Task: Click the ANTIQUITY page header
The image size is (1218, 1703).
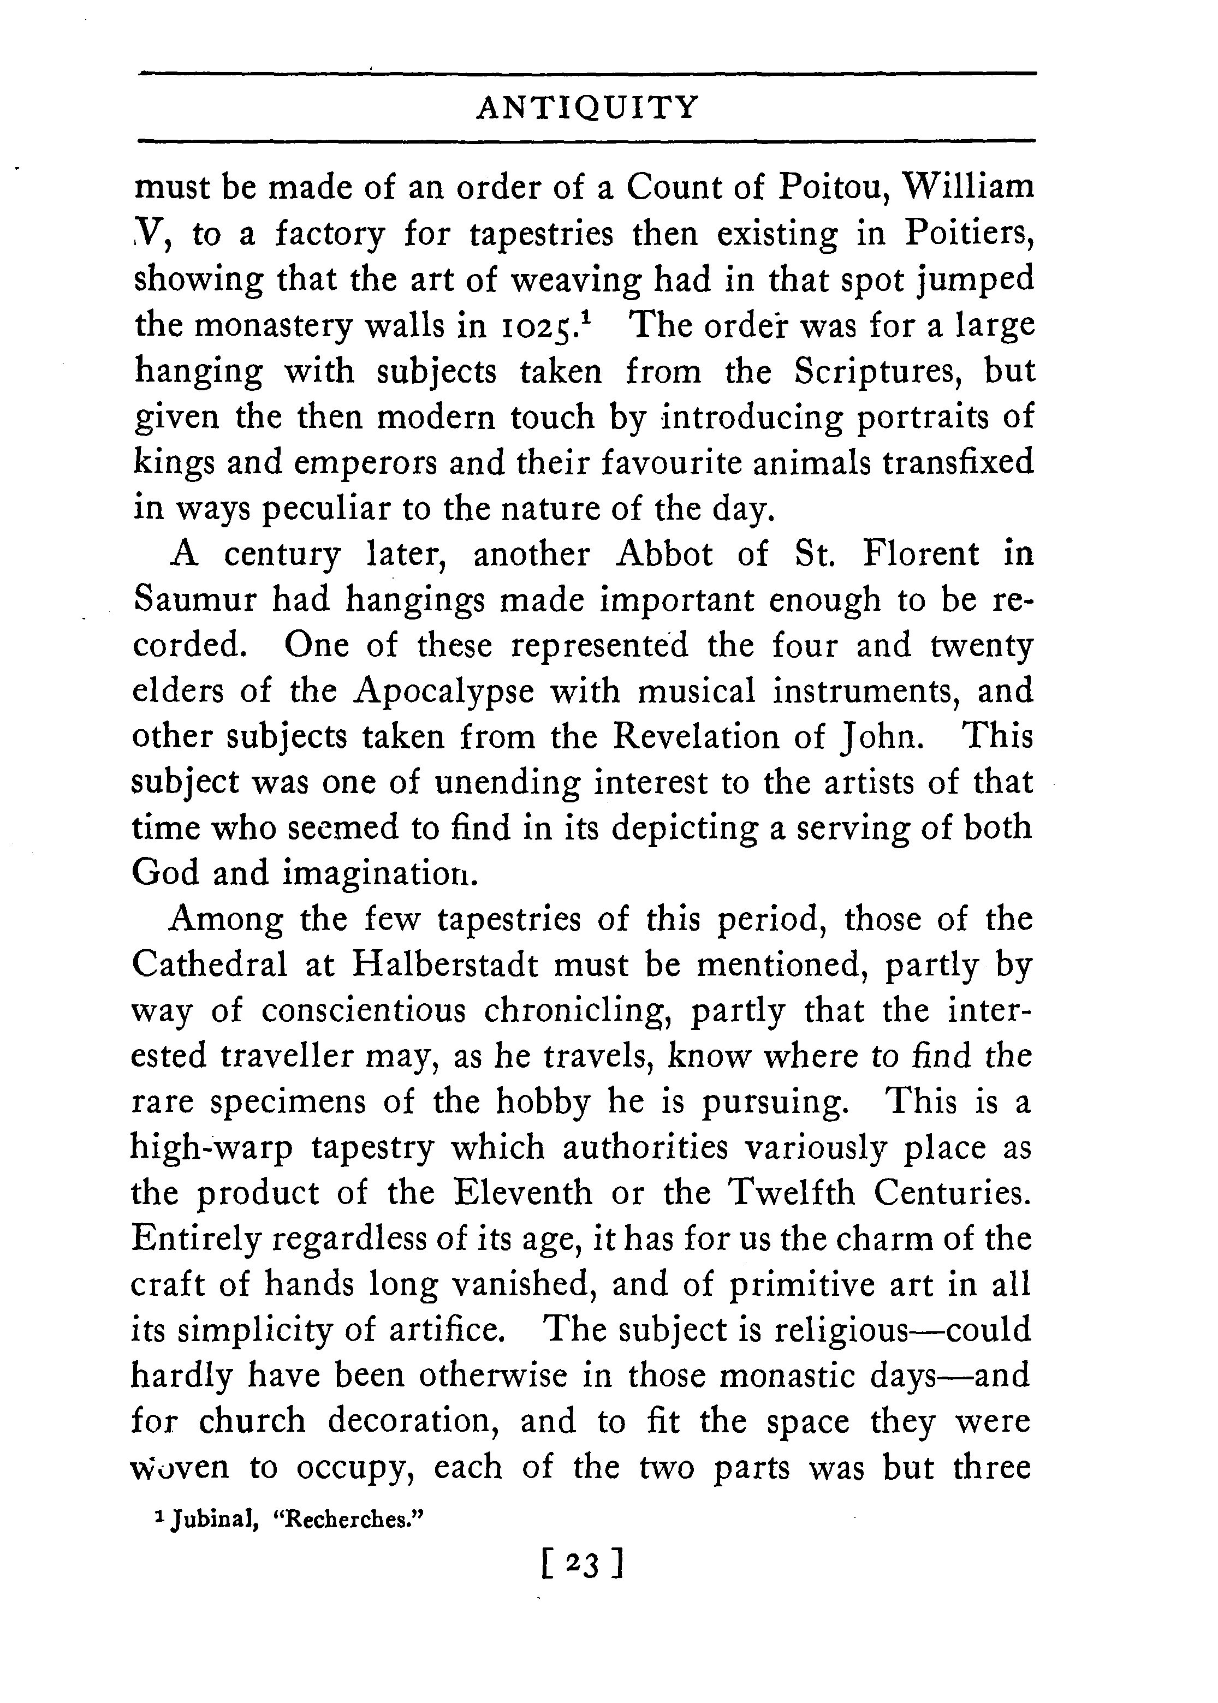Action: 587,108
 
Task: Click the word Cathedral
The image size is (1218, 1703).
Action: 209,965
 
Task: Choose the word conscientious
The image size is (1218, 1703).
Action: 364,1011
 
